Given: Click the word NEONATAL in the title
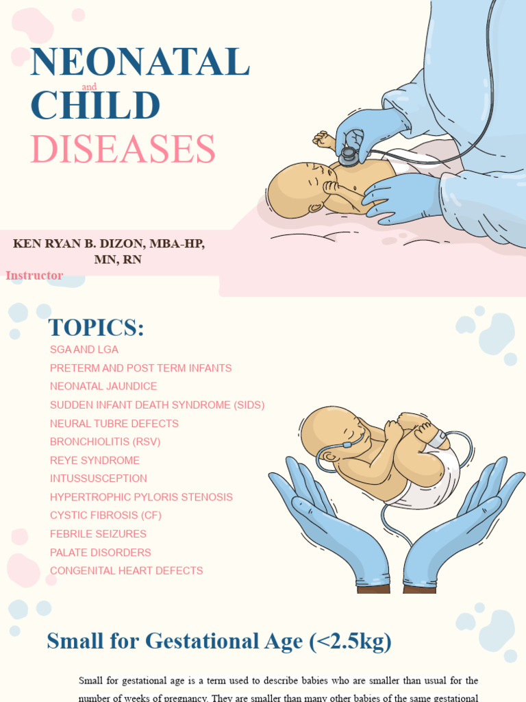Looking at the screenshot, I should (140, 62).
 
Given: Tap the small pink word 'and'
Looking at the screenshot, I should (89, 87).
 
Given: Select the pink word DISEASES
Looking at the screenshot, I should (123, 149).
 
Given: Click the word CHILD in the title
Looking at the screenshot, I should (95, 106).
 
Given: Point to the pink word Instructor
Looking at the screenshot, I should (34, 276).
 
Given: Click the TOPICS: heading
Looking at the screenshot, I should (97, 328).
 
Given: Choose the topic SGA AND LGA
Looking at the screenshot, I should (84, 350).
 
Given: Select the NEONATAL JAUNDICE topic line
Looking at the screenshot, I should (103, 387).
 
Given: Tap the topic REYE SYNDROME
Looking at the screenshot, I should (95, 461).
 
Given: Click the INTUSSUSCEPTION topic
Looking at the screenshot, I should (99, 479).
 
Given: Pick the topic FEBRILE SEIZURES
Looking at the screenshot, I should (99, 534).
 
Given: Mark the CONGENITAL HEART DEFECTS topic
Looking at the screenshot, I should (127, 570).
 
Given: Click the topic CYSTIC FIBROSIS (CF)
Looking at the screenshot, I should (105, 516).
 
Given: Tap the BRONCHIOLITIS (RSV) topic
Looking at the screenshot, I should (105, 442).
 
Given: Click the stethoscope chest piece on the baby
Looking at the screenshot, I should (349, 157).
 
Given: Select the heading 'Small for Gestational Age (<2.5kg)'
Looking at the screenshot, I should (219, 642).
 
